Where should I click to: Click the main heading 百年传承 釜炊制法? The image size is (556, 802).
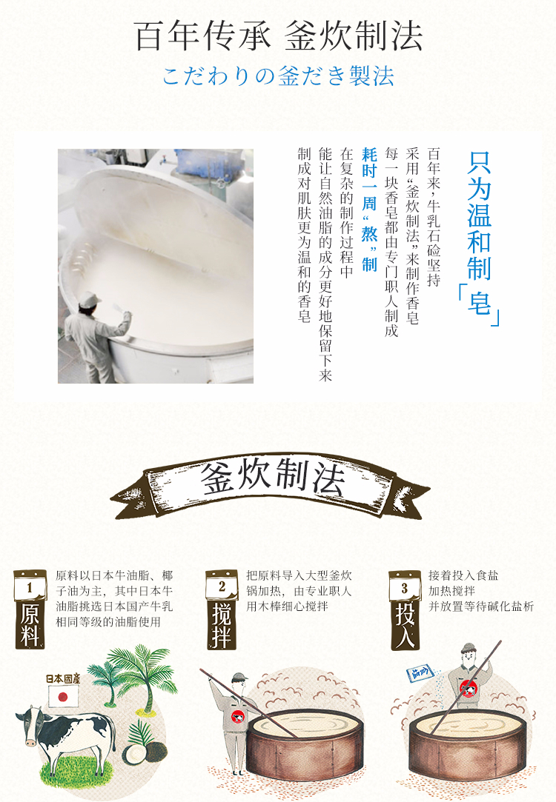point(279,36)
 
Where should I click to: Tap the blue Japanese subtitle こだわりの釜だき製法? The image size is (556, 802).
point(279,76)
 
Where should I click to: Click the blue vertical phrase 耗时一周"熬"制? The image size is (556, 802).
point(369,210)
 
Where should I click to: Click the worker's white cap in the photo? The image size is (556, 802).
point(89,298)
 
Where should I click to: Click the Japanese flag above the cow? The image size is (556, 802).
point(63,696)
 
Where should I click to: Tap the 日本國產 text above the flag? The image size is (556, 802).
point(62,679)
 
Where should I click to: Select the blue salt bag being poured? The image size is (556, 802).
point(420,674)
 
